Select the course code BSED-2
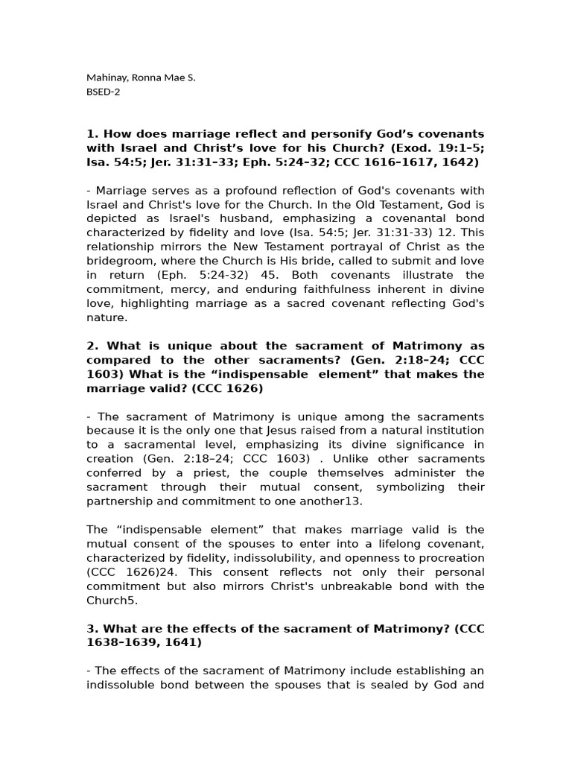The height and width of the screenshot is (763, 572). click(103, 92)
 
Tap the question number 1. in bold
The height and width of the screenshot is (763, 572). click(93, 134)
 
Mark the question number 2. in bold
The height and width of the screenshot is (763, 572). click(93, 346)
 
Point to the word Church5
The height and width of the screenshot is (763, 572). click(112, 601)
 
